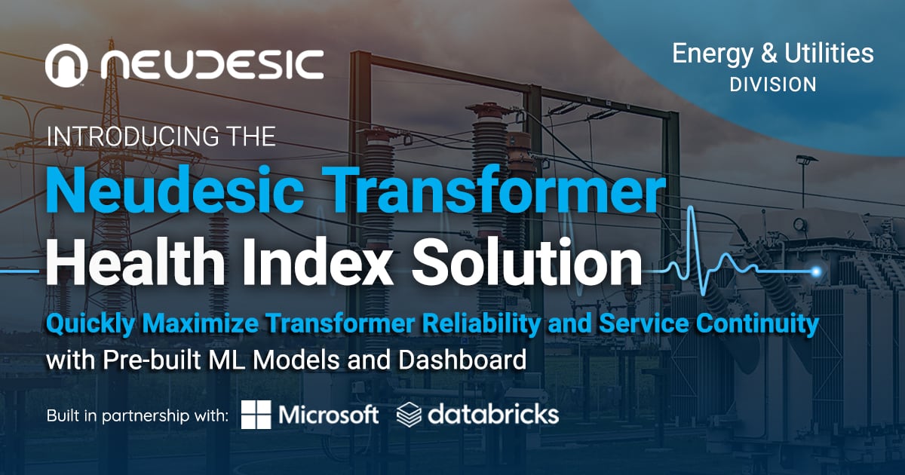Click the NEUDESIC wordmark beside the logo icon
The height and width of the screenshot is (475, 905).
[x=212, y=65]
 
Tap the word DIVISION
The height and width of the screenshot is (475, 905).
[x=773, y=84]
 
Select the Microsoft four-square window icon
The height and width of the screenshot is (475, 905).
[x=256, y=415]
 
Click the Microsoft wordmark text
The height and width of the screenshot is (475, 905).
[x=328, y=415]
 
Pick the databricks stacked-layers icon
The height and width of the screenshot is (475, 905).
[x=409, y=415]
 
